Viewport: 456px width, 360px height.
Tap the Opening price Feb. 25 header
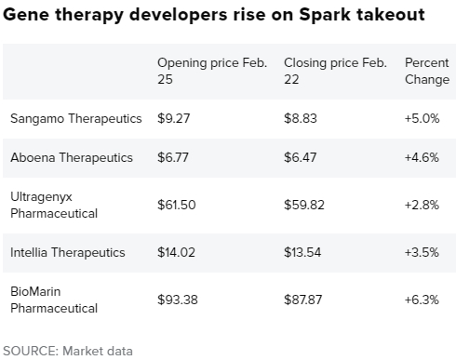[212, 70]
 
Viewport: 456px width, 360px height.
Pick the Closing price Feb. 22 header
[335, 70]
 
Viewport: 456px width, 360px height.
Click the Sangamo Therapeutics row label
[76, 119]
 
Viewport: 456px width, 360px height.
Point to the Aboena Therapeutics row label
[72, 157]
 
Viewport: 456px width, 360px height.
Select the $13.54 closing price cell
[303, 251]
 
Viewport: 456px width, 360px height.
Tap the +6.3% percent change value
[422, 299]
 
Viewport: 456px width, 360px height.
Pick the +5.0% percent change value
[422, 119]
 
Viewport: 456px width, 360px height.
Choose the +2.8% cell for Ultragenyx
[422, 205]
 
